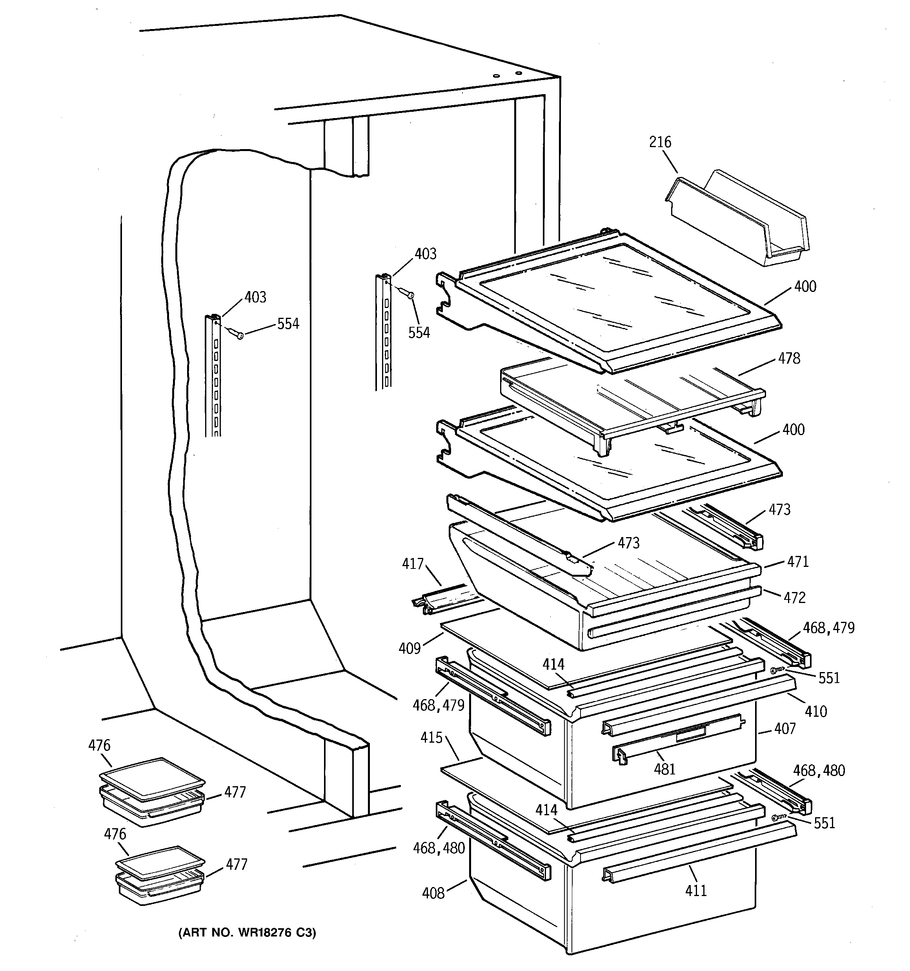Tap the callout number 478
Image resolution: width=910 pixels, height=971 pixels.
click(789, 359)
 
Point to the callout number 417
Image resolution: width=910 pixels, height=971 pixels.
click(413, 564)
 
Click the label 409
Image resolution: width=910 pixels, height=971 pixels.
click(409, 648)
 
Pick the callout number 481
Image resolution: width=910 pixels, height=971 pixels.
click(665, 769)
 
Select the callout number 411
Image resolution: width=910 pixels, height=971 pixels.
click(695, 891)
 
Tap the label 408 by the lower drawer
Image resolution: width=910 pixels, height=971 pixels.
click(433, 893)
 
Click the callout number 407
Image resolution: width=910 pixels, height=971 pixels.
click(785, 729)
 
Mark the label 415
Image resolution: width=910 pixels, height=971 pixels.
click(431, 738)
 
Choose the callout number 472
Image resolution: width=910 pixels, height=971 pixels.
click(794, 598)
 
